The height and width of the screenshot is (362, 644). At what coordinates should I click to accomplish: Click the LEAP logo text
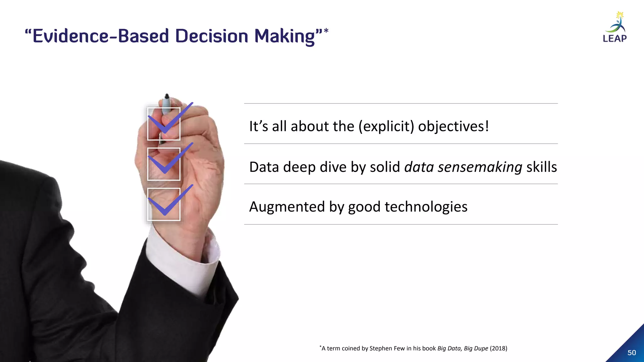614,38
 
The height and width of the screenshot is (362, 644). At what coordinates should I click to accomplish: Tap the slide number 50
631,353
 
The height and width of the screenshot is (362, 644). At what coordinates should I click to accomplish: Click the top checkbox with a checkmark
164,124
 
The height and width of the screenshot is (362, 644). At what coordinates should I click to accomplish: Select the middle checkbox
164,164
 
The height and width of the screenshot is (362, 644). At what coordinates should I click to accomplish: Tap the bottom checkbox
164,204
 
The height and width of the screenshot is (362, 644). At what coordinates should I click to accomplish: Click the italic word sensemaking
480,167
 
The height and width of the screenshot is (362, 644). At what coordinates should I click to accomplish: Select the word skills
541,167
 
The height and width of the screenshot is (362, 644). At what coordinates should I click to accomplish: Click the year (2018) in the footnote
498,348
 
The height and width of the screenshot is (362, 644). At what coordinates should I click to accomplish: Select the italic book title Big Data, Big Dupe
463,348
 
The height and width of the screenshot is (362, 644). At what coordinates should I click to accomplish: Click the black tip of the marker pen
167,96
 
